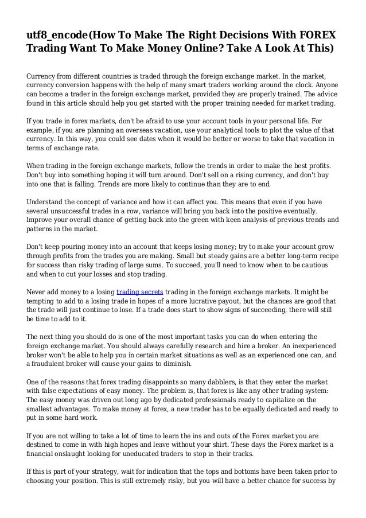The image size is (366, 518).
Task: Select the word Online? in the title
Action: point(205,48)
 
